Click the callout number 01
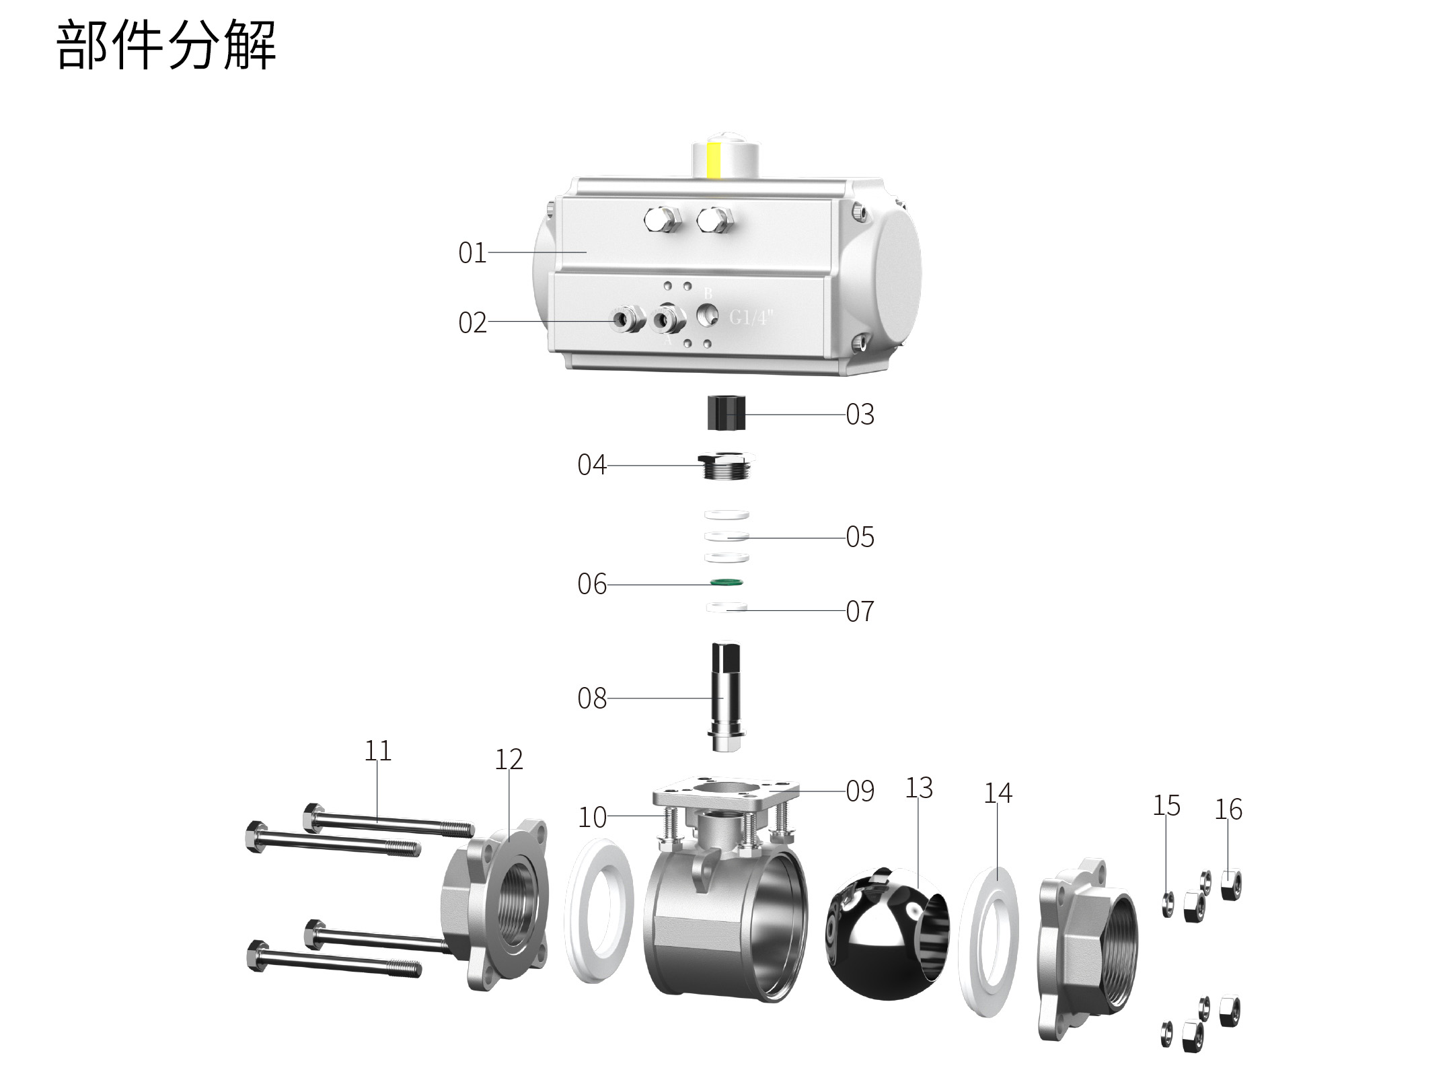click(472, 253)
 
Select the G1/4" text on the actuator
click(752, 317)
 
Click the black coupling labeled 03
click(726, 413)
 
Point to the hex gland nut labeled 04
click(725, 465)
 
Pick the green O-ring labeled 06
click(726, 581)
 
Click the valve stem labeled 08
click(725, 697)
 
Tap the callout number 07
click(860, 612)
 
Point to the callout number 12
click(509, 760)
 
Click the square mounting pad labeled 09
click(725, 792)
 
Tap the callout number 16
click(1228, 810)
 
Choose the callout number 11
click(377, 750)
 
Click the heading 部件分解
click(166, 45)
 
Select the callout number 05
click(860, 537)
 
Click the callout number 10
click(592, 818)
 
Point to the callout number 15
click(1166, 805)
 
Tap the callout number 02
click(472, 323)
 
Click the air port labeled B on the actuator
click(707, 312)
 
